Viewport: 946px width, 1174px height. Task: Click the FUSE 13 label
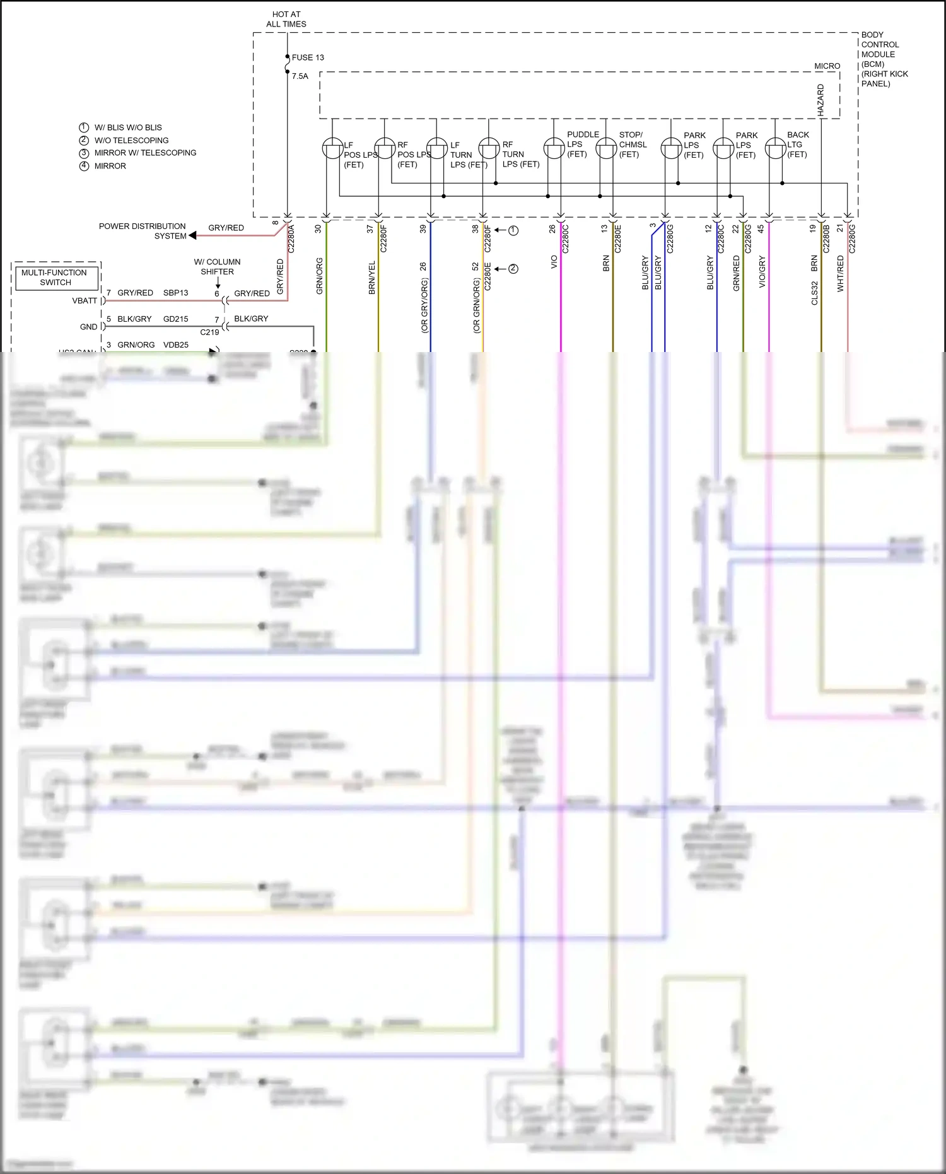point(308,57)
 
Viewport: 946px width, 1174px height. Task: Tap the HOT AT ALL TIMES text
point(286,19)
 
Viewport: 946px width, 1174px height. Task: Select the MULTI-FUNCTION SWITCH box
point(55,278)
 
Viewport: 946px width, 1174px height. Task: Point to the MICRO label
point(827,66)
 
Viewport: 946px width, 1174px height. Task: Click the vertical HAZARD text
point(820,100)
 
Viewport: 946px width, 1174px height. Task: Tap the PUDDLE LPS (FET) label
point(582,144)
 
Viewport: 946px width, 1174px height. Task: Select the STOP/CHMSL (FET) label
point(633,144)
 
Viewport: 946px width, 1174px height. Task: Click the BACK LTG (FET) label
point(798,144)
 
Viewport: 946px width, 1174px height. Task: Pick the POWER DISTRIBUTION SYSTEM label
point(143,231)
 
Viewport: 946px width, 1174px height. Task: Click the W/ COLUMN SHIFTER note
point(217,267)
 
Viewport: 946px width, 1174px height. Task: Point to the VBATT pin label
point(85,301)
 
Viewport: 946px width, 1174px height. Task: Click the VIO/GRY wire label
point(762,271)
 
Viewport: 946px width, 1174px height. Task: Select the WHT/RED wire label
point(840,273)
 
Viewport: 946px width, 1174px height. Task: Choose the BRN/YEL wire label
point(371,278)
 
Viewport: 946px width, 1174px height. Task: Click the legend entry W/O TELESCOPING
point(131,141)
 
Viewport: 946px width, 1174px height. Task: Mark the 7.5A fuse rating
point(300,76)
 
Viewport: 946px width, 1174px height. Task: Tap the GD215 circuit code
point(175,319)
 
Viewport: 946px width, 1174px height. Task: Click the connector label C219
point(209,332)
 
